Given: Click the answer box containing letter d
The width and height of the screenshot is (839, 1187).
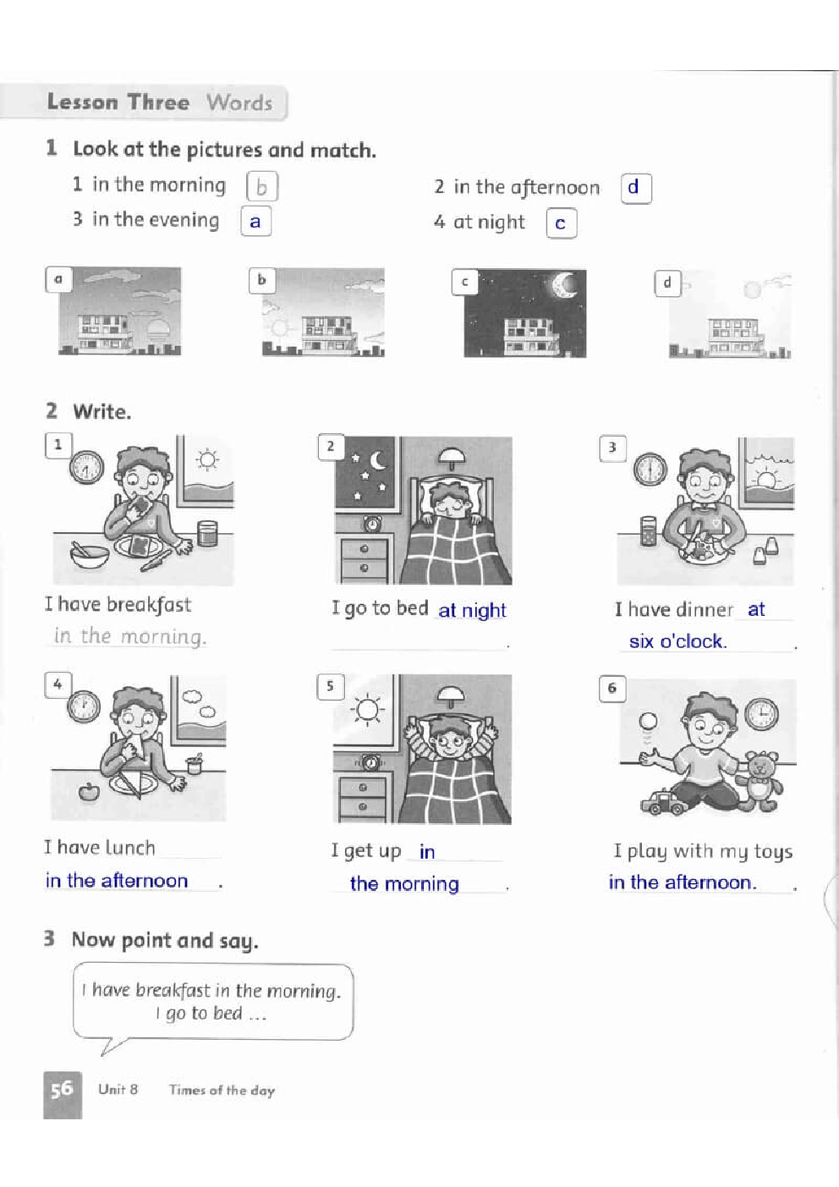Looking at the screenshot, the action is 636,188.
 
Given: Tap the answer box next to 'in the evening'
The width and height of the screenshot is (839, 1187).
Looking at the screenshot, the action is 255,221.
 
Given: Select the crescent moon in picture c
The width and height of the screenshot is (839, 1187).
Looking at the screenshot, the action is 565,285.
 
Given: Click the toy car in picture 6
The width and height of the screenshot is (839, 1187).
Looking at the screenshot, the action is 662,802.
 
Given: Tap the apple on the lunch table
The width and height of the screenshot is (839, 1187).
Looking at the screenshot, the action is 89,792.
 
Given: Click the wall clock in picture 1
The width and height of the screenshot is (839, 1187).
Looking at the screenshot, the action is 87,467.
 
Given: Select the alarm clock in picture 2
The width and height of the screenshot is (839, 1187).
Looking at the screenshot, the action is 372,524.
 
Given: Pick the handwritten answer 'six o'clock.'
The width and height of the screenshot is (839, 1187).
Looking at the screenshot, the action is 677,641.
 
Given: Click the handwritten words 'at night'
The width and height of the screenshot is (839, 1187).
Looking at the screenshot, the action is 472,611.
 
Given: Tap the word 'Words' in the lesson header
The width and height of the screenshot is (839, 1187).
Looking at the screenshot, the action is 239,102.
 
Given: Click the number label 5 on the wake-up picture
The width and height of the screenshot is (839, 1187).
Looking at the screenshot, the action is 330,687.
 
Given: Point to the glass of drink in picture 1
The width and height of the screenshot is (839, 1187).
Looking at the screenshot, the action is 207,533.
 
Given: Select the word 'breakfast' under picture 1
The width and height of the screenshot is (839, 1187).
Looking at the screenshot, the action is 149,605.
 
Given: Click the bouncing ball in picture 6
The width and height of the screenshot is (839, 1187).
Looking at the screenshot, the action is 649,721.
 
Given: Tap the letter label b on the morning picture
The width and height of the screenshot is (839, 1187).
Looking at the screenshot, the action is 262,280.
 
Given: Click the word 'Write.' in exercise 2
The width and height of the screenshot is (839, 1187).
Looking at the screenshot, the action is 102,412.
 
